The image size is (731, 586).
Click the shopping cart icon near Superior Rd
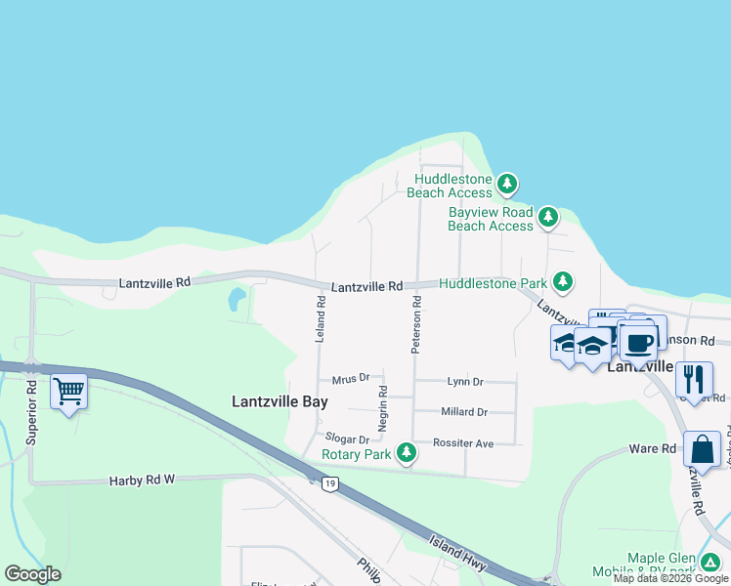[x=68, y=392]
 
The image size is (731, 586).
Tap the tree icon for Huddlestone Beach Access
[x=506, y=184]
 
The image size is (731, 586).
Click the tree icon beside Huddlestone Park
[x=562, y=282]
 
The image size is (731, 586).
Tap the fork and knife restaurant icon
[x=694, y=378]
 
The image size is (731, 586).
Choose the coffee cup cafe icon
[x=638, y=343]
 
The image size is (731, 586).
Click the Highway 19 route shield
[x=331, y=483]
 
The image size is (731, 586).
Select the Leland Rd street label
[x=320, y=319]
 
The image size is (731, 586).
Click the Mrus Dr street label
[x=350, y=378]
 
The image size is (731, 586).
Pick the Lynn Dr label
[x=465, y=382]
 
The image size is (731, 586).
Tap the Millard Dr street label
[x=463, y=412]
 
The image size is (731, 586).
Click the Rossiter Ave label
[x=463, y=442]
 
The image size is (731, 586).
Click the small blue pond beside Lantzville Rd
[x=236, y=299]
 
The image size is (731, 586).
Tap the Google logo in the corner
[x=32, y=574]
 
